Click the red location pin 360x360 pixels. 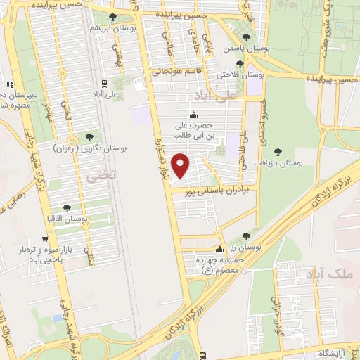point(181,165)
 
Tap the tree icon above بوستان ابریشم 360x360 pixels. point(112,17)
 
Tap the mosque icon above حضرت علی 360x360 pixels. point(194,115)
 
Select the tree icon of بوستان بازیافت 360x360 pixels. point(279,151)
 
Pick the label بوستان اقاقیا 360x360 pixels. point(66,219)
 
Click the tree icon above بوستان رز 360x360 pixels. point(220,247)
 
